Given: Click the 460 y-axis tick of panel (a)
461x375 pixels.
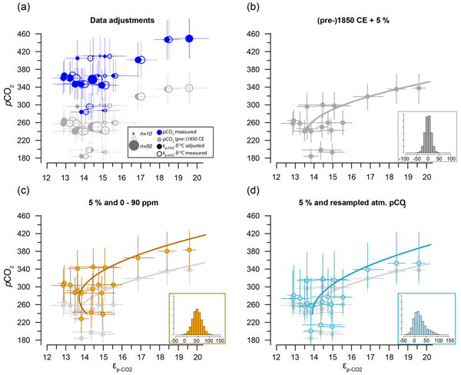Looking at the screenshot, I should (x=35, y=34).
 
